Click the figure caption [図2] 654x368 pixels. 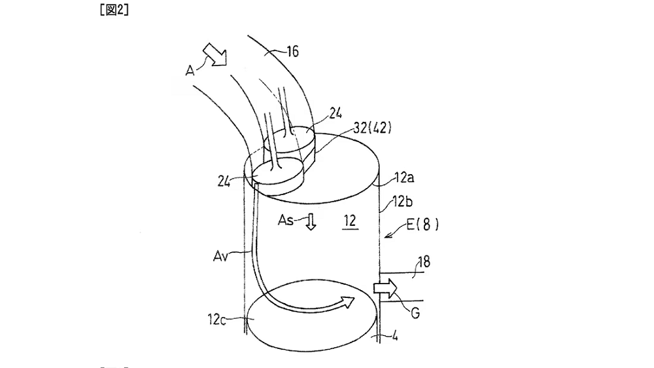click(115, 10)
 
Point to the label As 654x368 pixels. click(286, 221)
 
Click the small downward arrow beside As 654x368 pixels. click(311, 222)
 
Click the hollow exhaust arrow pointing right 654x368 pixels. click(387, 287)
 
